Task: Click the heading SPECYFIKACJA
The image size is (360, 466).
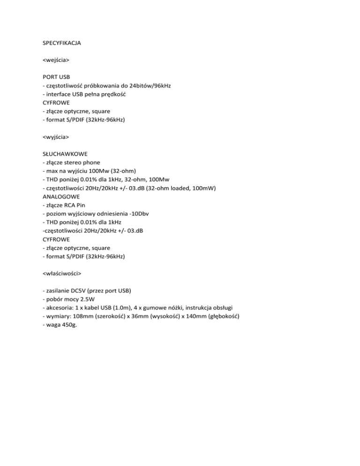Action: [x=62, y=43]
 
